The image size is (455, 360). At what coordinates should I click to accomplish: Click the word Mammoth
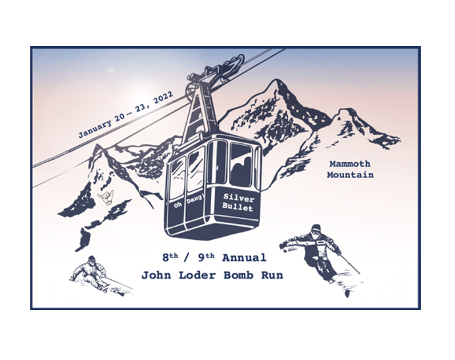click(x=349, y=164)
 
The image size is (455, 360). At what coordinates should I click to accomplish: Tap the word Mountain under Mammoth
click(x=350, y=175)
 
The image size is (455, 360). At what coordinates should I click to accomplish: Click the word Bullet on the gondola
click(x=238, y=207)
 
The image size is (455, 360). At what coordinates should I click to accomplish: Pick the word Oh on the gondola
click(x=178, y=205)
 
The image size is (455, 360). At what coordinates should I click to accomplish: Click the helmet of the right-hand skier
click(x=316, y=229)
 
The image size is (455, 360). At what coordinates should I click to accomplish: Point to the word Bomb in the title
click(x=235, y=275)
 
